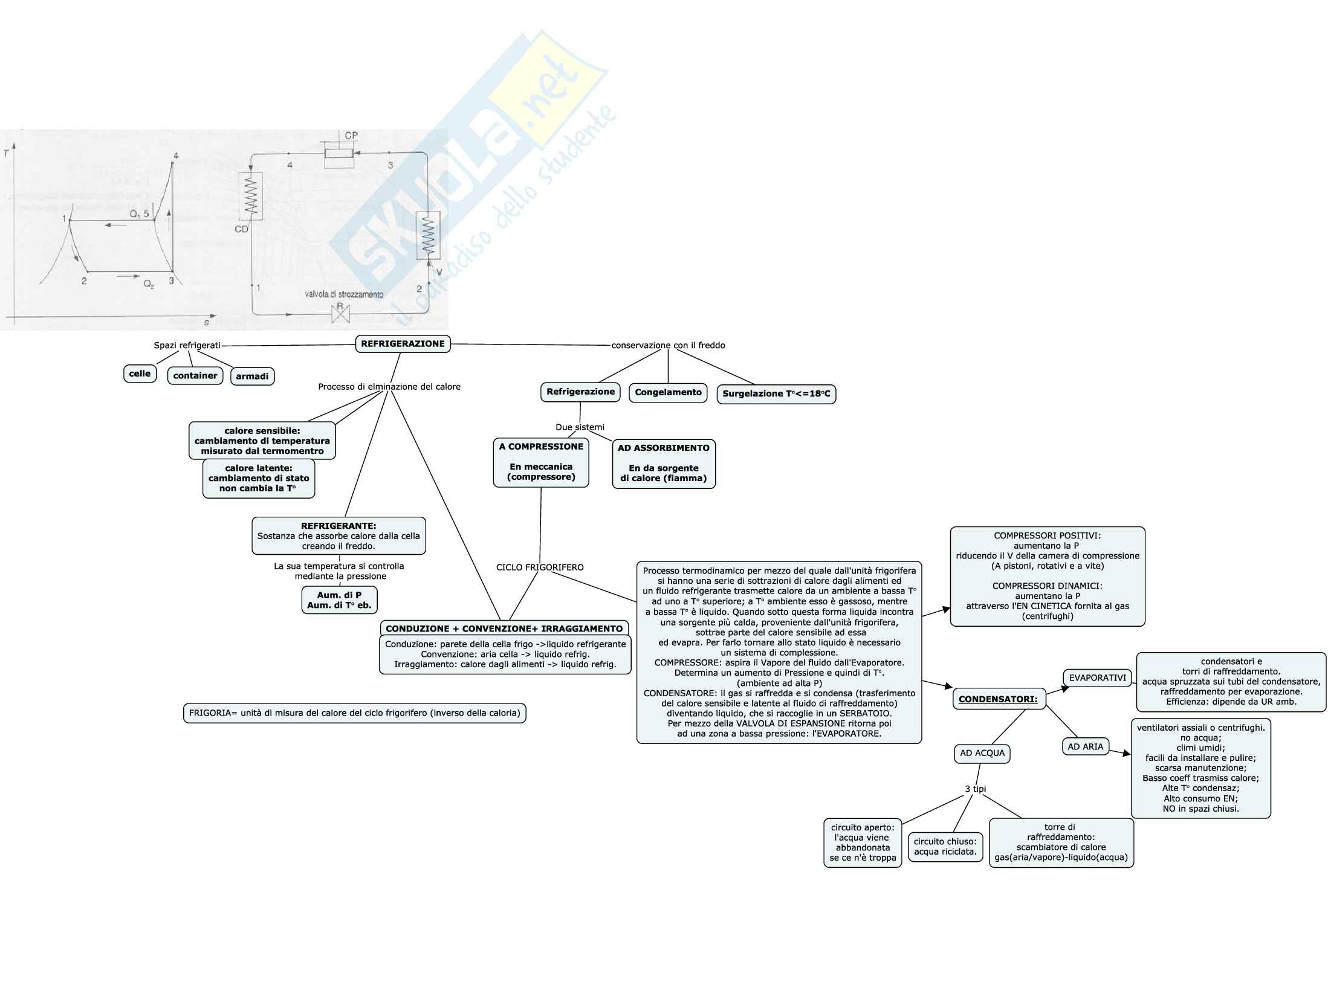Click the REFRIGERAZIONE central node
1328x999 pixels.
[403, 344]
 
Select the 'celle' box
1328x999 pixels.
[140, 373]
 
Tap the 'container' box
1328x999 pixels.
[195, 376]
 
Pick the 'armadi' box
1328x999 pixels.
[252, 377]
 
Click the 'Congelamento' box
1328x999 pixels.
[668, 392]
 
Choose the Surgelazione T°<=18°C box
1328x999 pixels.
[776, 394]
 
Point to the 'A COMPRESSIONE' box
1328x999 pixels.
[541, 462]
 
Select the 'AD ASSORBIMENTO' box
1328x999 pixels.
[664, 464]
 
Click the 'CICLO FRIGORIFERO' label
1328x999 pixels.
[540, 567]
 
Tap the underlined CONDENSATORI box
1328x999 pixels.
[998, 699]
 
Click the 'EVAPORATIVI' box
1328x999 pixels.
[1098, 678]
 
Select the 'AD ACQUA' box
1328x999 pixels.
[982, 753]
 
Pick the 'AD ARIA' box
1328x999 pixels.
[1086, 747]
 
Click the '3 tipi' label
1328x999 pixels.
[976, 789]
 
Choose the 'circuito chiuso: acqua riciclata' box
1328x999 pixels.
[945, 847]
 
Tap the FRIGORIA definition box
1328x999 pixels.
[354, 713]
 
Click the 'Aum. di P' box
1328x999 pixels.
[339, 600]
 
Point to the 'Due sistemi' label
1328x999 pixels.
[580, 427]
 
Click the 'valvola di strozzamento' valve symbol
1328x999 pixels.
[340, 314]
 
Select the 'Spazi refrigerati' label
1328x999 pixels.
[187, 346]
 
